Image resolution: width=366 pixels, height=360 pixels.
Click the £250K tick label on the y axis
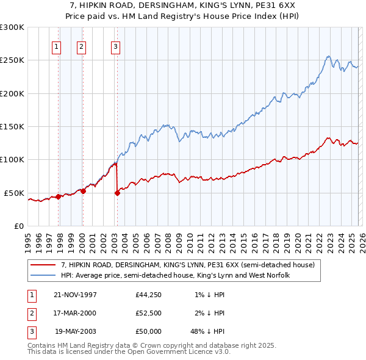[x=12, y=60]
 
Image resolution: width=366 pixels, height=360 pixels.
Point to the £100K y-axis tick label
[x=12, y=160]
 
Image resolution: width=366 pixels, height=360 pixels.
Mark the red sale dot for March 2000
[x=83, y=191]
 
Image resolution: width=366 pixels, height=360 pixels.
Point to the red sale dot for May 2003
[x=117, y=193]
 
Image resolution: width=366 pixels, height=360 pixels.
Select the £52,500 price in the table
[x=148, y=313]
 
